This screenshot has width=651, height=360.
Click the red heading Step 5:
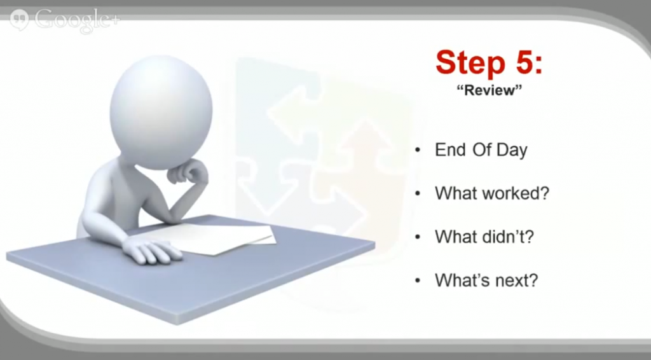pyautogui.click(x=489, y=62)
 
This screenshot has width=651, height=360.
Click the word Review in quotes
pyautogui.click(x=489, y=90)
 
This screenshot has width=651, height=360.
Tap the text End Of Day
pyautogui.click(x=481, y=150)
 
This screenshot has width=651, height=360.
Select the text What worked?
pyautogui.click(x=492, y=193)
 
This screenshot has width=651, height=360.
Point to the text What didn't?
pyautogui.click(x=484, y=237)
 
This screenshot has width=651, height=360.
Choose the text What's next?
pyautogui.click(x=486, y=280)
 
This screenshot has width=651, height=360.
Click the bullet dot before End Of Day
pyautogui.click(x=418, y=150)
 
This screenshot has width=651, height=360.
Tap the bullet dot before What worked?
pyautogui.click(x=418, y=193)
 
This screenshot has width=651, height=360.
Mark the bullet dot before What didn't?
pyautogui.click(x=418, y=237)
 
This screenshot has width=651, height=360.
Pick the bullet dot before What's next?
pyautogui.click(x=418, y=280)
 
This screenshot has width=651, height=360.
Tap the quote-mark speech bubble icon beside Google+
pyautogui.click(x=19, y=20)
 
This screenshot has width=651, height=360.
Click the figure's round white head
pyautogui.click(x=161, y=112)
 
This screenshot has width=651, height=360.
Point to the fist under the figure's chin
pyautogui.click(x=187, y=172)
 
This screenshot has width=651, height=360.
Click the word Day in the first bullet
pyautogui.click(x=512, y=151)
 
